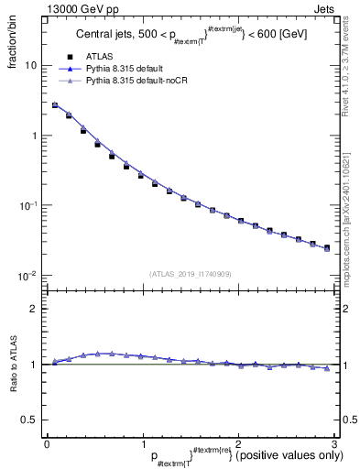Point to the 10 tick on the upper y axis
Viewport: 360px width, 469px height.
coord(30,66)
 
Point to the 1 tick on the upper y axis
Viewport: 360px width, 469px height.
coord(33,136)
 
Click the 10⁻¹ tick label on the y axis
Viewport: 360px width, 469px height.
coord(28,205)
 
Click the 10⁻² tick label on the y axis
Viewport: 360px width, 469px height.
coord(28,275)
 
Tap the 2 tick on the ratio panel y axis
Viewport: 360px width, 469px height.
coord(33,309)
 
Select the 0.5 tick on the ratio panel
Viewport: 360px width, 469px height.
coord(29,420)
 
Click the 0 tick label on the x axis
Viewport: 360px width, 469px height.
coord(47,443)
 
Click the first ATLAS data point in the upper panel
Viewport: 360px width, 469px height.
coord(54,105)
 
